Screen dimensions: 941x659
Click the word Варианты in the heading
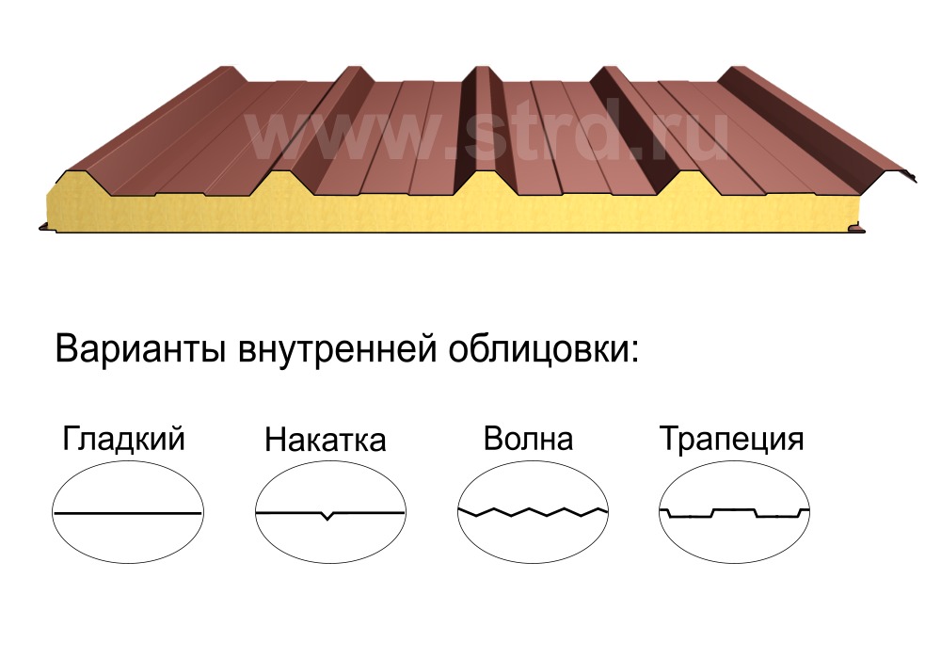tap(140, 349)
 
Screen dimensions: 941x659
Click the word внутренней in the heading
tap(337, 349)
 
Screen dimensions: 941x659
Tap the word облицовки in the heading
tap(538, 350)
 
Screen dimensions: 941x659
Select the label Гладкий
tap(123, 438)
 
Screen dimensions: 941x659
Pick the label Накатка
tap(326, 440)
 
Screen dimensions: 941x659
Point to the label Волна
tap(528, 439)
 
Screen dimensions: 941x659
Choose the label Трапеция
tap(731, 440)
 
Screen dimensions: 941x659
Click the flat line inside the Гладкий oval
tap(128, 513)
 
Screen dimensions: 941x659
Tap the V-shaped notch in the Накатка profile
tap(327, 516)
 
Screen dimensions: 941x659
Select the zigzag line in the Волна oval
tap(533, 512)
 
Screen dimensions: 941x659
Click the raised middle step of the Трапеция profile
tap(734, 511)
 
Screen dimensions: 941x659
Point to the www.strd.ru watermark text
tap(486, 137)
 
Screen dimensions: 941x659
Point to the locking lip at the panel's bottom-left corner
tap(45, 227)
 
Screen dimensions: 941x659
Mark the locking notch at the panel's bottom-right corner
tap(858, 228)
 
